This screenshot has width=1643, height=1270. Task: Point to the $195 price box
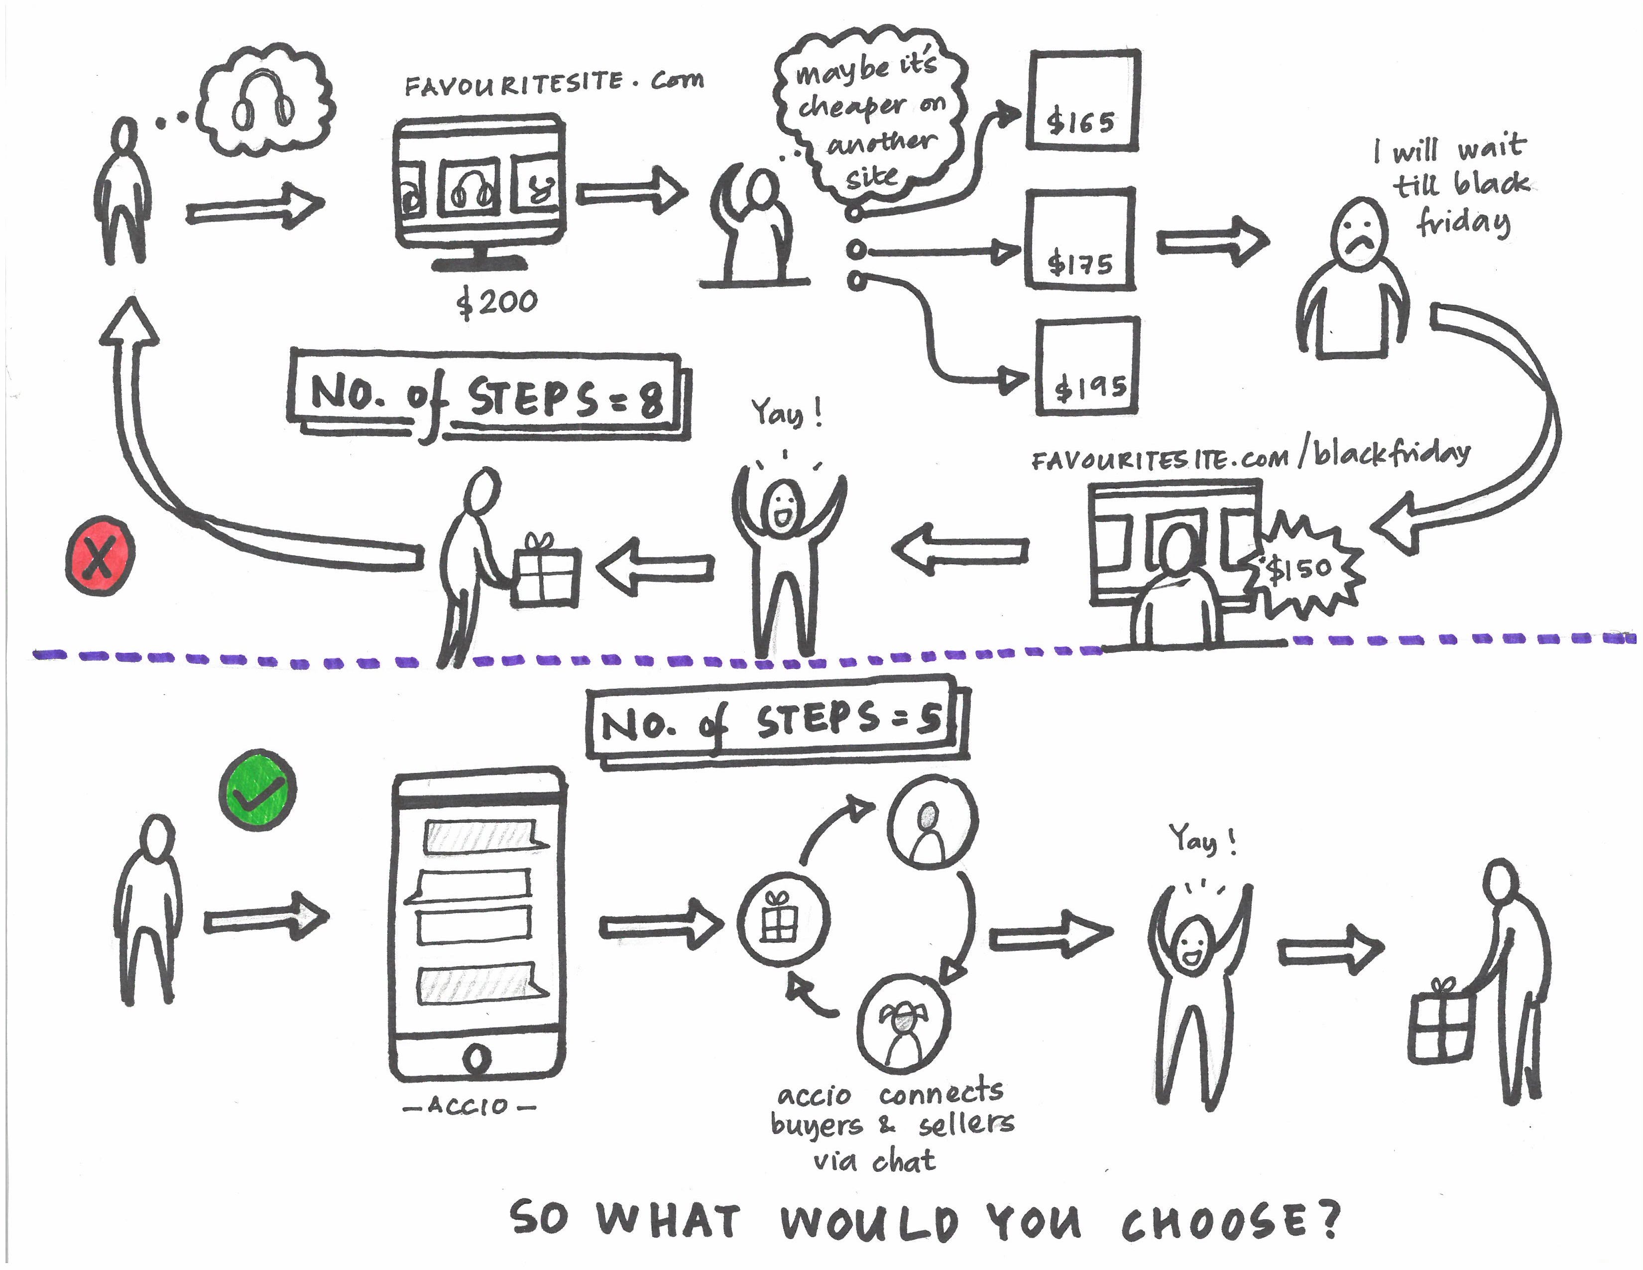[1088, 367]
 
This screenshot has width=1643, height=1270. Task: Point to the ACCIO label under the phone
[469, 1106]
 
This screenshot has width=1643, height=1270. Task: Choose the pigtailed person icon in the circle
[903, 1023]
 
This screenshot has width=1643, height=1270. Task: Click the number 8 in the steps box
[650, 399]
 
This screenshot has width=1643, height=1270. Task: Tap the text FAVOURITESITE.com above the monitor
[554, 83]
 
